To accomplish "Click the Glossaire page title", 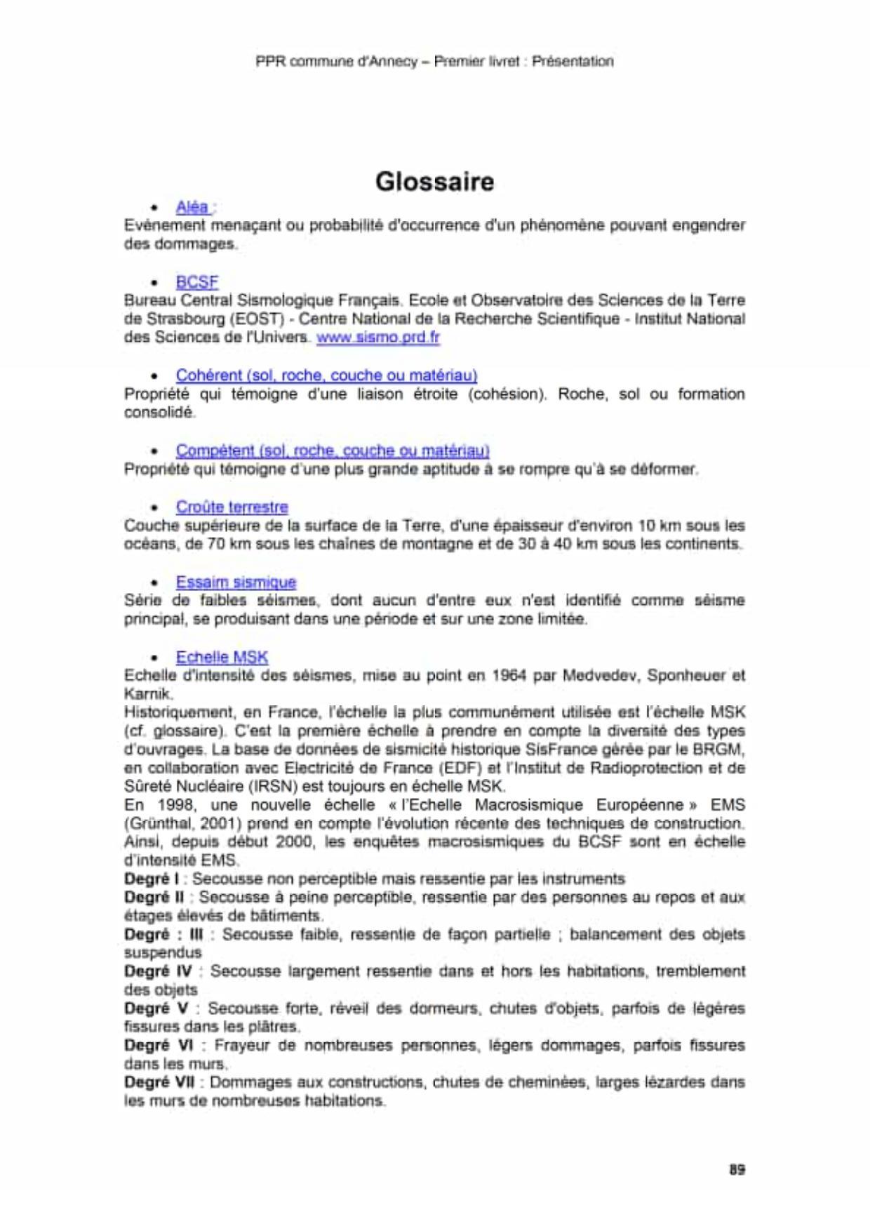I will click(434, 182).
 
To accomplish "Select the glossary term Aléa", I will click(192, 207).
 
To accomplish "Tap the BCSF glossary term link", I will click(197, 282).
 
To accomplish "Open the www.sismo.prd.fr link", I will click(377, 338).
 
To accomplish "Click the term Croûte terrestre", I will click(232, 507).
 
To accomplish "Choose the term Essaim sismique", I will click(236, 582).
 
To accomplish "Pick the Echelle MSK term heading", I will click(222, 657).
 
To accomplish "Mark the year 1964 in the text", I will click(509, 676).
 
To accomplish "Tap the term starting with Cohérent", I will click(326, 375).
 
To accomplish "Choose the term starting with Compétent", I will click(332, 451).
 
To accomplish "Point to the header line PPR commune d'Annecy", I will click(434, 62).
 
